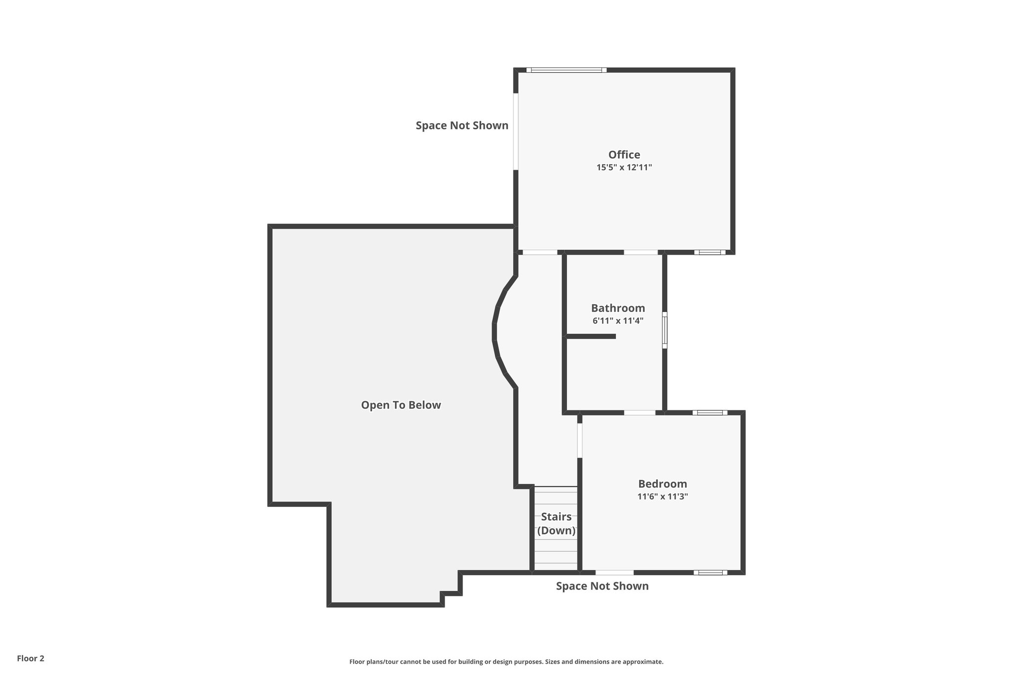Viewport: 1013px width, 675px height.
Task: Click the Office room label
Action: point(624,155)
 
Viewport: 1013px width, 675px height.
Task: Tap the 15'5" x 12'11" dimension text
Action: point(624,168)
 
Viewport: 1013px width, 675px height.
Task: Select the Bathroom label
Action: point(618,309)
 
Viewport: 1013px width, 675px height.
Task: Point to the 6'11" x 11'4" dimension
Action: point(618,321)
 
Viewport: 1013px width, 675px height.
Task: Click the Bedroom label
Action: point(662,484)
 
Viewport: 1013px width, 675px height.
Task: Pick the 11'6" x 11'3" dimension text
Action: point(662,496)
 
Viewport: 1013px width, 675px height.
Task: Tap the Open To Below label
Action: point(401,405)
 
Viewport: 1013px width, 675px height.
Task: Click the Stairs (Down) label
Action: point(556,524)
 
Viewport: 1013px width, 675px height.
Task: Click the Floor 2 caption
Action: point(31,658)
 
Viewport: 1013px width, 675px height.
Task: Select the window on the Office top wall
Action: point(566,70)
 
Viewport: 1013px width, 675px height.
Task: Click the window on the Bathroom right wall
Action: point(665,330)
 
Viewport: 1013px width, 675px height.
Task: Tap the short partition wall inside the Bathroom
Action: point(591,336)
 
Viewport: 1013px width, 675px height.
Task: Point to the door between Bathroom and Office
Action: point(641,252)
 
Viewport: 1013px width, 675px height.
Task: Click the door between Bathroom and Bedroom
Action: point(640,412)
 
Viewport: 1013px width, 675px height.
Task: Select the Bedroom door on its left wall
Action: point(580,440)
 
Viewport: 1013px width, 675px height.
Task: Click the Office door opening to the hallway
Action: point(540,252)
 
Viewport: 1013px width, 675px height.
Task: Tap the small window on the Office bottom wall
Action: point(709,252)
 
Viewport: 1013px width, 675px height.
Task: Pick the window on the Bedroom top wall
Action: point(709,412)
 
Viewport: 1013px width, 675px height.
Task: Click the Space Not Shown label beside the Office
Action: point(461,126)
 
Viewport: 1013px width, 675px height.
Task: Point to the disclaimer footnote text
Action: point(506,662)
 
